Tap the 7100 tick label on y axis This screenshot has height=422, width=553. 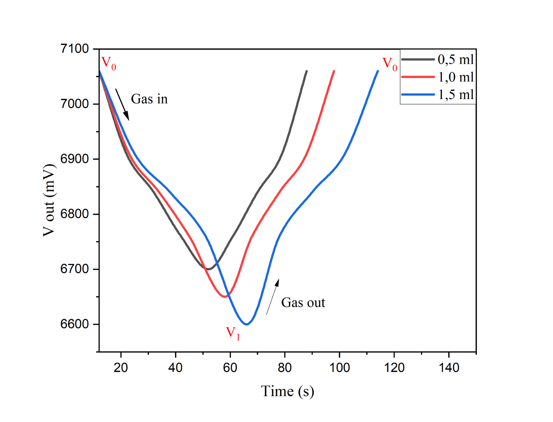click(74, 49)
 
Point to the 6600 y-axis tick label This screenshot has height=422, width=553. click(74, 324)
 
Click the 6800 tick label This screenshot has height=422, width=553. click(74, 214)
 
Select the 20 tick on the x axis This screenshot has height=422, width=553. click(121, 367)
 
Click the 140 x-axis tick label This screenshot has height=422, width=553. click(449, 367)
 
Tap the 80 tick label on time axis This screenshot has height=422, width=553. click(285, 367)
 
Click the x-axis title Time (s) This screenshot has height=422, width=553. click(287, 391)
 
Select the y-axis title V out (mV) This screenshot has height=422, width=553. click(49, 200)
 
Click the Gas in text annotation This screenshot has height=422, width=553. click(149, 99)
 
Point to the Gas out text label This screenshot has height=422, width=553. click(303, 303)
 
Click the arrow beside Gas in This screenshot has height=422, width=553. click(122, 104)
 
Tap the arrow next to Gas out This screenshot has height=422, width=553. click(272, 297)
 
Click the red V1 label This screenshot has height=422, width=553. click(233, 333)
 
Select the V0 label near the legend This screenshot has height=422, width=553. click(390, 64)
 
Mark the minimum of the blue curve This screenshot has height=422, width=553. click(247, 324)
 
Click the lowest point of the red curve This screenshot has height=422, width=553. click(225, 297)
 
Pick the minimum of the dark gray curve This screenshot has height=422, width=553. click(208, 269)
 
